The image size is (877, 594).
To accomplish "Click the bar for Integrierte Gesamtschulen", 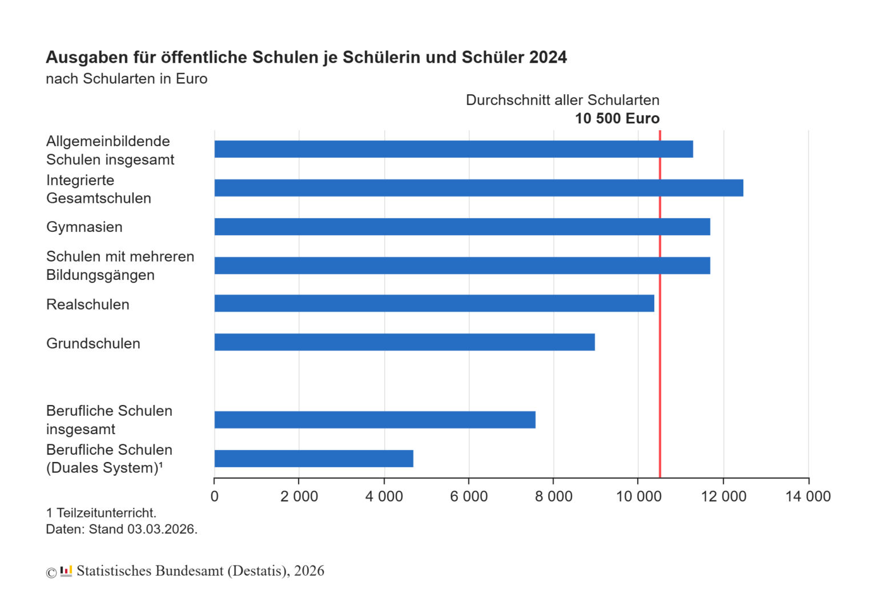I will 478,188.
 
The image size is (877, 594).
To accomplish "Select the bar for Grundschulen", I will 404,342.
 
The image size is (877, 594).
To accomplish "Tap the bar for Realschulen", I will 434,303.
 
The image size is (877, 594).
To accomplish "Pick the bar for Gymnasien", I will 462,227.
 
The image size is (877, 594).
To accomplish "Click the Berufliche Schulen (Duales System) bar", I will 313,459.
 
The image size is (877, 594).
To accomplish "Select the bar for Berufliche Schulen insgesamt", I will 375,420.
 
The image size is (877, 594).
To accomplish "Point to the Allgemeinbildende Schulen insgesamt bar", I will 453,149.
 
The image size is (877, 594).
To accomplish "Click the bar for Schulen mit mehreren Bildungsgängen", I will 462,266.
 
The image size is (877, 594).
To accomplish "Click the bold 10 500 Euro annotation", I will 617,119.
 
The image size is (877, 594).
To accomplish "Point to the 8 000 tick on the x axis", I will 553,496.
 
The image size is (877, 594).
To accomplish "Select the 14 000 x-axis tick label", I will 808,496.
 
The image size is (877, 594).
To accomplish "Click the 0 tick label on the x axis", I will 215,496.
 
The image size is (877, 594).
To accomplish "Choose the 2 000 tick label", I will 299,496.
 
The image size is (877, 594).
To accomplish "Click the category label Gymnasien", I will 85,227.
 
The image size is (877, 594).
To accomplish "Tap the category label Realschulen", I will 88,304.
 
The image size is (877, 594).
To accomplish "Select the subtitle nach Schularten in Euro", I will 126,79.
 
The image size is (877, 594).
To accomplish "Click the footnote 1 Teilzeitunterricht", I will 101,513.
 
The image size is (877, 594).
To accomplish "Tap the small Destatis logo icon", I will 66,571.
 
